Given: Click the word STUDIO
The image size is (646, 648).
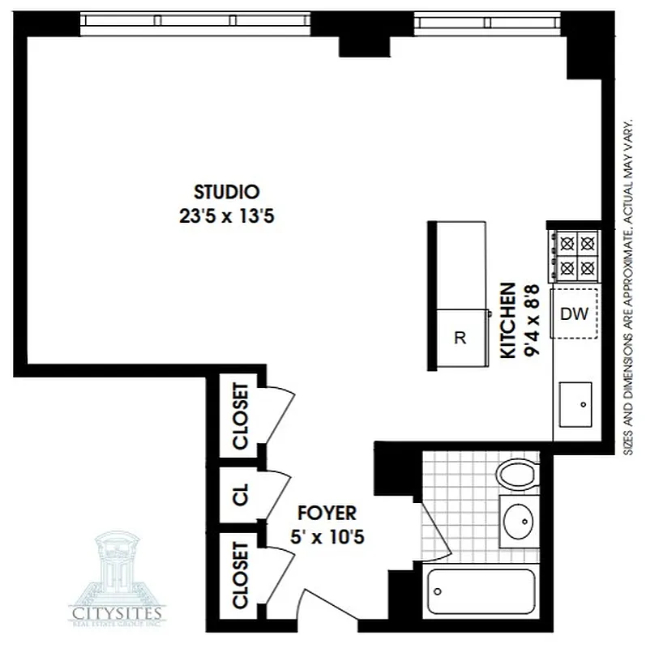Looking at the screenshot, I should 226,193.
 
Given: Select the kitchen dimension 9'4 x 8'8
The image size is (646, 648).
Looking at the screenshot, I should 531,321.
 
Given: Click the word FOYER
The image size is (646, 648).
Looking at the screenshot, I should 326,514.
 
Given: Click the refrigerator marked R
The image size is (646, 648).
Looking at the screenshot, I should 460,339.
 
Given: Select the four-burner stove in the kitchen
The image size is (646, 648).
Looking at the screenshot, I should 575,255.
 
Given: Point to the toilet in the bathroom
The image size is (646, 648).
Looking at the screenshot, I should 515,474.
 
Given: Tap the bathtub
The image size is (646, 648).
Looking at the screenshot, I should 481,591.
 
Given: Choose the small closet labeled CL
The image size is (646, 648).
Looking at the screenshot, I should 240,496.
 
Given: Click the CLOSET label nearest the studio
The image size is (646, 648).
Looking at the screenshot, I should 240,415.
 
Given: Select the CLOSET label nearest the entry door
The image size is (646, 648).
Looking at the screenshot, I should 240,575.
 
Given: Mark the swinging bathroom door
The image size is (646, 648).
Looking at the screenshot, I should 433,526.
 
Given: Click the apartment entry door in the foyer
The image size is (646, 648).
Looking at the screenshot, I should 324,603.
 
